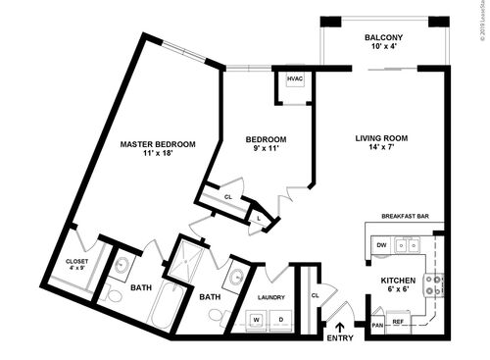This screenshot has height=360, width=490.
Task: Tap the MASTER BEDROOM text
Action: click(x=158, y=144)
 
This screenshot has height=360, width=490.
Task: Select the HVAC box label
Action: click(x=295, y=78)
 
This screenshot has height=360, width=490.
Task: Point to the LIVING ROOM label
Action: click(x=381, y=138)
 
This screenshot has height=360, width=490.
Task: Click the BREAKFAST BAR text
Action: click(x=406, y=218)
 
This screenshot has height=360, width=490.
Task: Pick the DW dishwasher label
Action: click(x=381, y=245)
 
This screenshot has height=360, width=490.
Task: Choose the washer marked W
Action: click(x=258, y=319)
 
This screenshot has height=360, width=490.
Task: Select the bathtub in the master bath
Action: click(x=161, y=312)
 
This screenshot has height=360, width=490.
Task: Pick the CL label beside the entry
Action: click(x=315, y=293)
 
